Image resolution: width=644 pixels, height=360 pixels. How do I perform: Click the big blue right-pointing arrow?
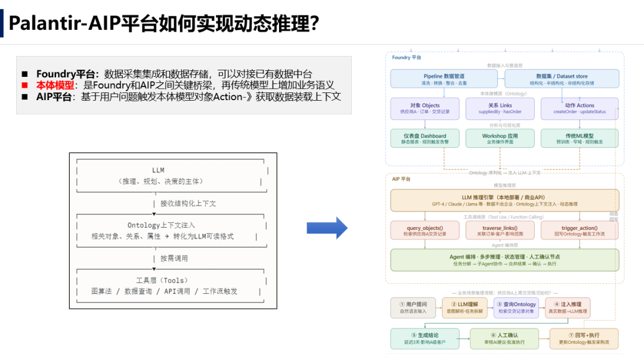point(327,228)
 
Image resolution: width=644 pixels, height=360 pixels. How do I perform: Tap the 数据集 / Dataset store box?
point(562,79)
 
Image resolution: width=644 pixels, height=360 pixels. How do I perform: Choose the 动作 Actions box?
point(580,108)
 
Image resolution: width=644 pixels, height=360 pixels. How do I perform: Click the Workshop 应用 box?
point(500,138)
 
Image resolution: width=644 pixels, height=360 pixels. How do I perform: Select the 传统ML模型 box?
point(580,138)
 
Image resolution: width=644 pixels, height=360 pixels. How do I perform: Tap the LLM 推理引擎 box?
point(504,200)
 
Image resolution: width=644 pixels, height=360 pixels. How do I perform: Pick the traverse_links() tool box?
point(500,231)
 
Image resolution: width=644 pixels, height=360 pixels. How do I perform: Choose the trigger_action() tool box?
point(580,231)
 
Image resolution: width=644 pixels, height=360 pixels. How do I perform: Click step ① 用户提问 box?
point(413,308)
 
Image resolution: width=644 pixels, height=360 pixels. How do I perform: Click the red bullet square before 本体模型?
point(25,85)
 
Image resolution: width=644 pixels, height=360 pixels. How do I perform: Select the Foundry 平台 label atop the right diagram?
point(407,57)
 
